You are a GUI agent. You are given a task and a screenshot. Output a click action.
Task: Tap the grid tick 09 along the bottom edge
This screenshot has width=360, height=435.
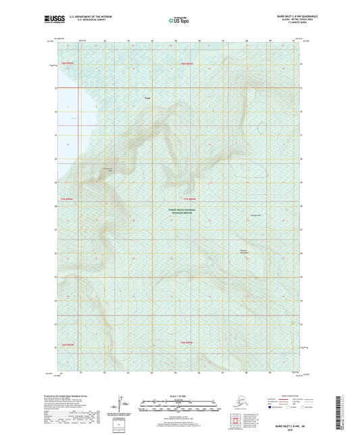point(270,372)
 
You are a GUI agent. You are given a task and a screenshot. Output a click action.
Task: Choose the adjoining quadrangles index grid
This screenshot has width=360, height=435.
point(240,421)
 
